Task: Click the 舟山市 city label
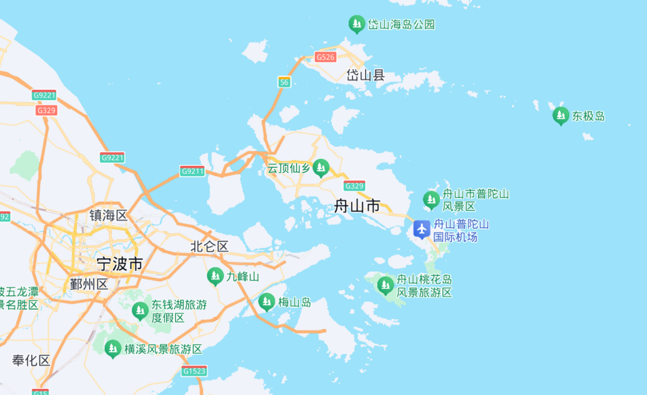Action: pyautogui.click(x=357, y=207)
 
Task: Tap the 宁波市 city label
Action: pyautogui.click(x=120, y=264)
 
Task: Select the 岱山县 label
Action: pyautogui.click(x=365, y=76)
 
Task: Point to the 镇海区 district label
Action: pyautogui.click(x=108, y=216)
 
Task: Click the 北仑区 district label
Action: pyautogui.click(x=210, y=246)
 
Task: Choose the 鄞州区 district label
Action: pyautogui.click(x=89, y=284)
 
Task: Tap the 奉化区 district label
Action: pyautogui.click(x=32, y=360)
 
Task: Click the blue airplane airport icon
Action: pyautogui.click(x=422, y=229)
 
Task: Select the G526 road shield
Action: pyautogui.click(x=325, y=57)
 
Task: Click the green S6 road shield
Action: pyautogui.click(x=284, y=82)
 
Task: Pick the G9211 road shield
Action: pyautogui.click(x=192, y=171)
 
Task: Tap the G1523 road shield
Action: pyautogui.click(x=195, y=371)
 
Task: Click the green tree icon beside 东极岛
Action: pyautogui.click(x=561, y=115)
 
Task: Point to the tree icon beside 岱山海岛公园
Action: pyautogui.click(x=357, y=24)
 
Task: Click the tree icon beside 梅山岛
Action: pyautogui.click(x=267, y=301)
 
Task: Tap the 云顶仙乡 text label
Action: pyautogui.click(x=289, y=168)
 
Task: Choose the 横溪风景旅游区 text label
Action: pyautogui.click(x=163, y=349)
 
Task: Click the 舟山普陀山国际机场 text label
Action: pyautogui.click(x=461, y=231)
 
